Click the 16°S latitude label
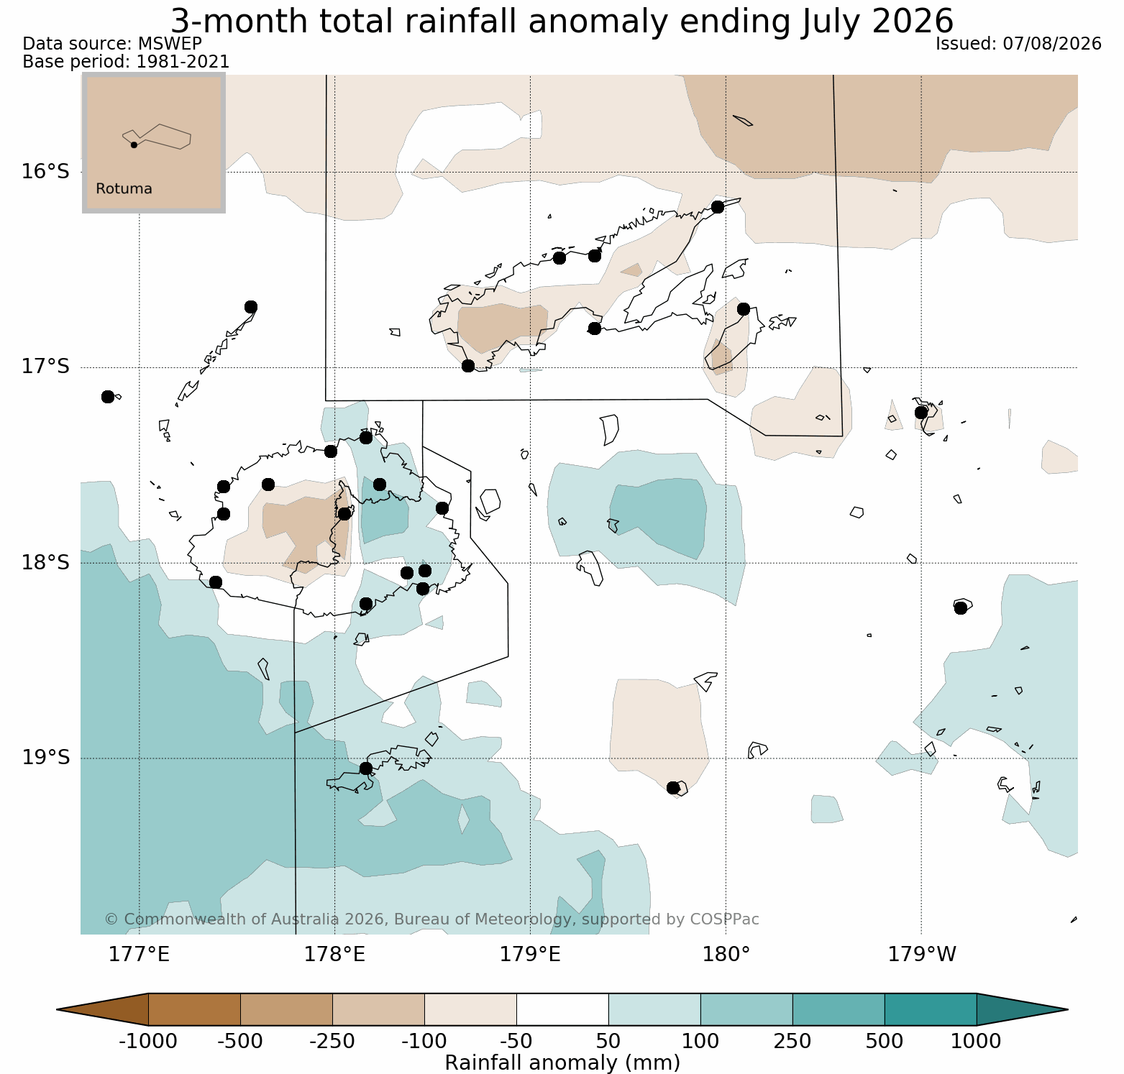(x=45, y=172)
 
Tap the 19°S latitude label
(x=45, y=758)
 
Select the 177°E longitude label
(x=139, y=955)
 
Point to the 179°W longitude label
(x=922, y=955)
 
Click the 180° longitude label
(x=726, y=955)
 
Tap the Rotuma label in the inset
(x=124, y=189)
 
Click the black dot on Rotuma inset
(x=134, y=144)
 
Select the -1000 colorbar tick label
(x=148, y=1041)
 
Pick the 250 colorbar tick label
(x=792, y=1041)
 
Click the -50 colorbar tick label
(x=516, y=1041)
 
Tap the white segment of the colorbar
(x=562, y=1009)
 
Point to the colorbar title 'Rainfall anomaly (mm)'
(x=562, y=1062)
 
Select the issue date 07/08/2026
(x=1052, y=44)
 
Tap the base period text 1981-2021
(x=183, y=62)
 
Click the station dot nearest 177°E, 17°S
(x=108, y=397)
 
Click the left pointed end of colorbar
(x=58, y=1009)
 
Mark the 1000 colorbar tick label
(x=977, y=1041)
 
